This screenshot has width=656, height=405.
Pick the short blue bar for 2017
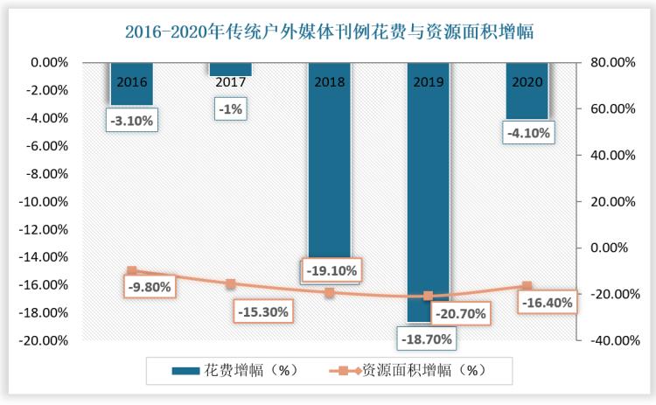coord(230,70)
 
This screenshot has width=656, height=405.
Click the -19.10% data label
coord(330,270)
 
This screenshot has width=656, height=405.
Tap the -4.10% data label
coord(527,133)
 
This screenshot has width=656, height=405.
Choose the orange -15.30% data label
coord(262,311)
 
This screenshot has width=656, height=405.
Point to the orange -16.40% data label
coord(548,303)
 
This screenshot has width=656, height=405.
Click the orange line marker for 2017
coord(230,283)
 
